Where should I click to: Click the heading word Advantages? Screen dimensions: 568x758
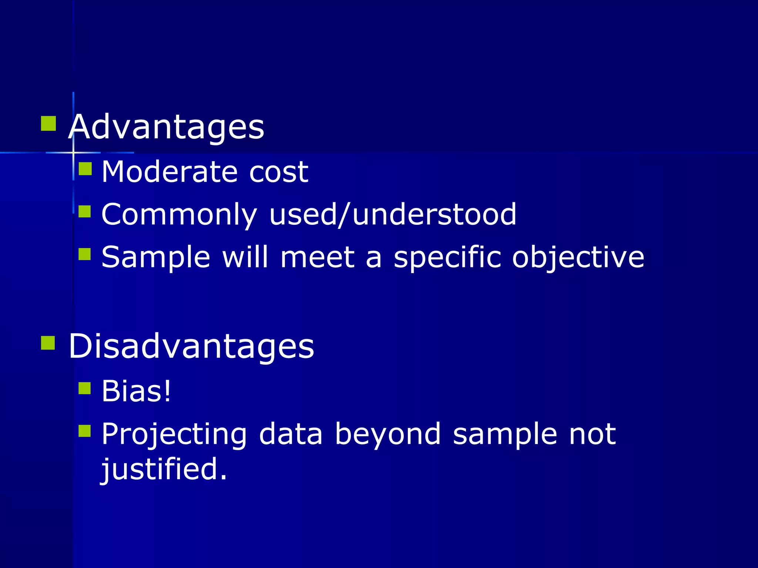pyautogui.click(x=166, y=127)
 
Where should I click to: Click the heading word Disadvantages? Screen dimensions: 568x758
pyautogui.click(x=191, y=346)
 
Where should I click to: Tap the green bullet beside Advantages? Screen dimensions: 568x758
pyautogui.click(x=48, y=124)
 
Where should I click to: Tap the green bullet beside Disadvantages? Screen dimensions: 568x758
pyautogui.click(x=48, y=343)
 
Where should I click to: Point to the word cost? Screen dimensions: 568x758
pyautogui.click(x=278, y=172)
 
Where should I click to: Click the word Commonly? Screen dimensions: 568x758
pyautogui.click(x=179, y=215)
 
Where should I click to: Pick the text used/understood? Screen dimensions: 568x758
pyautogui.click(x=393, y=214)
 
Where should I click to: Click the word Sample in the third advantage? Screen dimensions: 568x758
pyautogui.click(x=156, y=257)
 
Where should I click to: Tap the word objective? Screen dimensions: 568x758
pyautogui.click(x=578, y=257)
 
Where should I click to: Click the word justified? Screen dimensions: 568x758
pyautogui.click(x=164, y=469)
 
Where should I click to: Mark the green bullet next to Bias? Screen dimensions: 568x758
pyautogui.click(x=85, y=388)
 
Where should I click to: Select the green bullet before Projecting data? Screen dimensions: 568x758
pyautogui.click(x=85, y=431)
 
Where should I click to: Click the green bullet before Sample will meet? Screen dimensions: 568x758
pyautogui.click(x=85, y=254)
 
